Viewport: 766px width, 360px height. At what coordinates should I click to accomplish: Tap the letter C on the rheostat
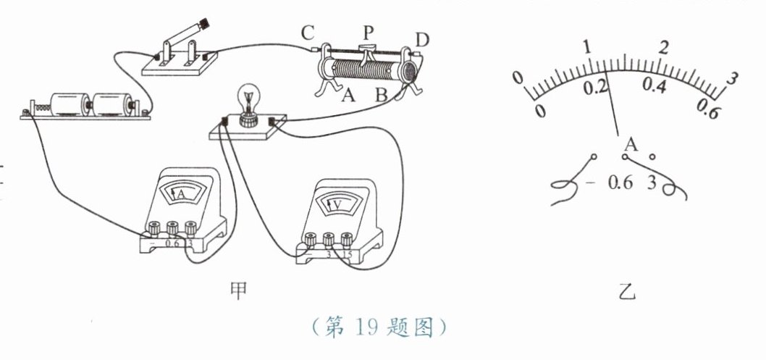[x=308, y=33]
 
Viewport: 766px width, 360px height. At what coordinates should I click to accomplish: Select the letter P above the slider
[x=369, y=33]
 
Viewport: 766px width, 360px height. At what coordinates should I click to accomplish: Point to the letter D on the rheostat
[x=422, y=40]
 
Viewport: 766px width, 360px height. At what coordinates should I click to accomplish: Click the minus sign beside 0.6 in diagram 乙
[x=590, y=183]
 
